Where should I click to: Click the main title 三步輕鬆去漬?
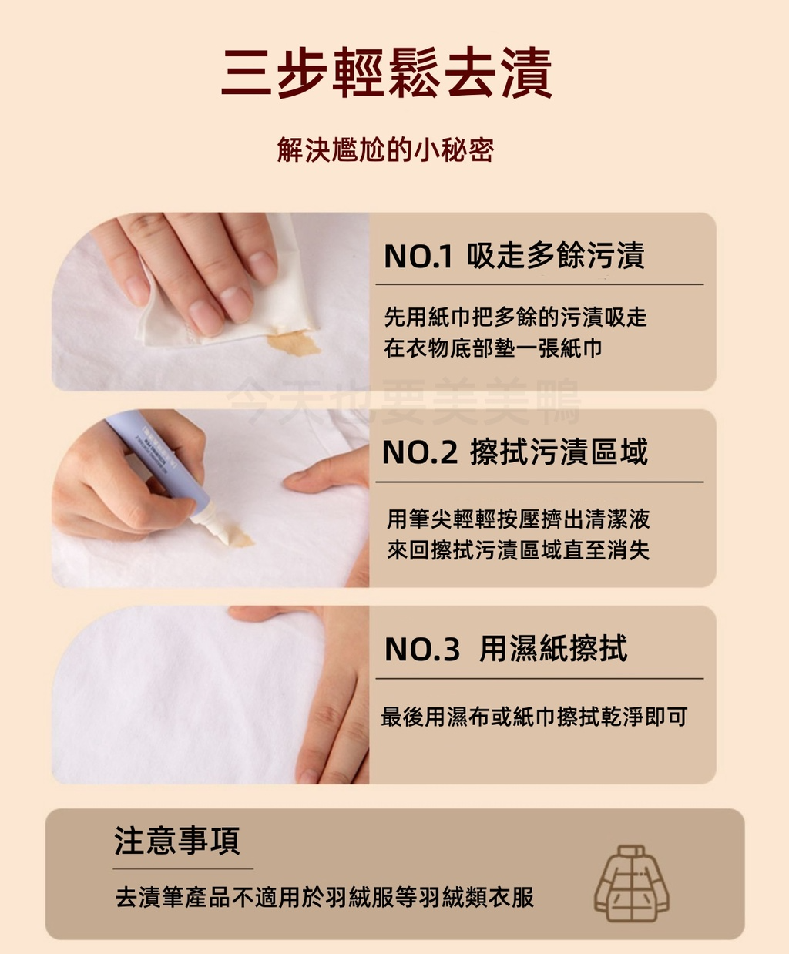click(x=387, y=72)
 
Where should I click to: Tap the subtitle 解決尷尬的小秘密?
click(x=385, y=149)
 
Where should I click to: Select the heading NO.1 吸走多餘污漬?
click(x=515, y=255)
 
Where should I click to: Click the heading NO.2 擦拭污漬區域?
click(x=515, y=452)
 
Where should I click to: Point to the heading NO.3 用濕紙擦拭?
click(x=506, y=648)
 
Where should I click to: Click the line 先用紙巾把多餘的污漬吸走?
click(x=515, y=317)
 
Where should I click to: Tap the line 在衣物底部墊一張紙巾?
click(x=493, y=348)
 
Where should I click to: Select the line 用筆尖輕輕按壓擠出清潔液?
click(x=518, y=519)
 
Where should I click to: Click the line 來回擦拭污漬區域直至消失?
click(x=518, y=549)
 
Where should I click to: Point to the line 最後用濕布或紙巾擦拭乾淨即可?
click(x=534, y=717)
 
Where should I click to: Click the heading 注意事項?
click(x=176, y=840)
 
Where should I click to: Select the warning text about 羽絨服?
click(x=324, y=897)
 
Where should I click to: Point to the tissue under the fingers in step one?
click(x=228, y=292)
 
